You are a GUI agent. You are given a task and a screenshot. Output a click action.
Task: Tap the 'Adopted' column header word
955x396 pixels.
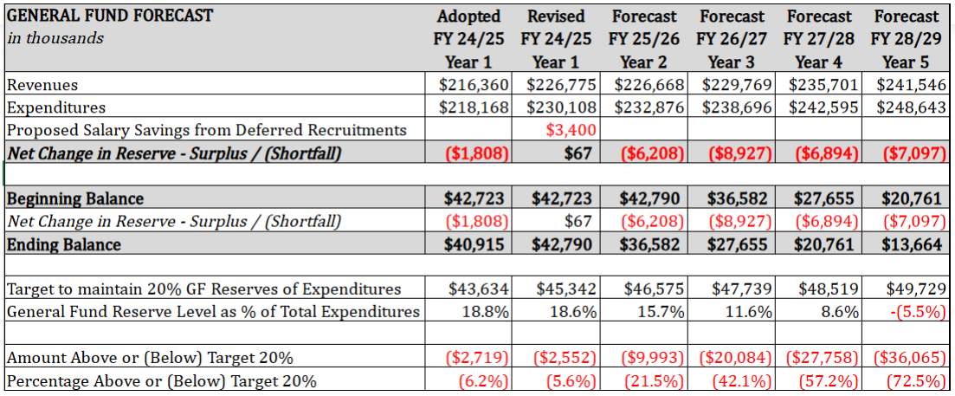click(x=468, y=16)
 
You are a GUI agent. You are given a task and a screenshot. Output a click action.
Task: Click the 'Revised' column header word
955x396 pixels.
click(x=556, y=16)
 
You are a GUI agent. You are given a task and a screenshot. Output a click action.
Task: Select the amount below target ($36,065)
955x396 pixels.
click(x=908, y=357)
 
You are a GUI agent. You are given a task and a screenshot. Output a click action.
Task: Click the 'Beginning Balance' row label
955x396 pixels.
click(x=75, y=198)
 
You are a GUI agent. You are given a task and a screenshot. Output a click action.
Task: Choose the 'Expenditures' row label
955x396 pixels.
click(x=56, y=107)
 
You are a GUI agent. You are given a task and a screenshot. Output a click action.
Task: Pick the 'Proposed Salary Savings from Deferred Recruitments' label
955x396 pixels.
click(x=206, y=130)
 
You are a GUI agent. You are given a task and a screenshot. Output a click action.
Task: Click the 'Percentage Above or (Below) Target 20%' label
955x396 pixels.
click(x=161, y=380)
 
